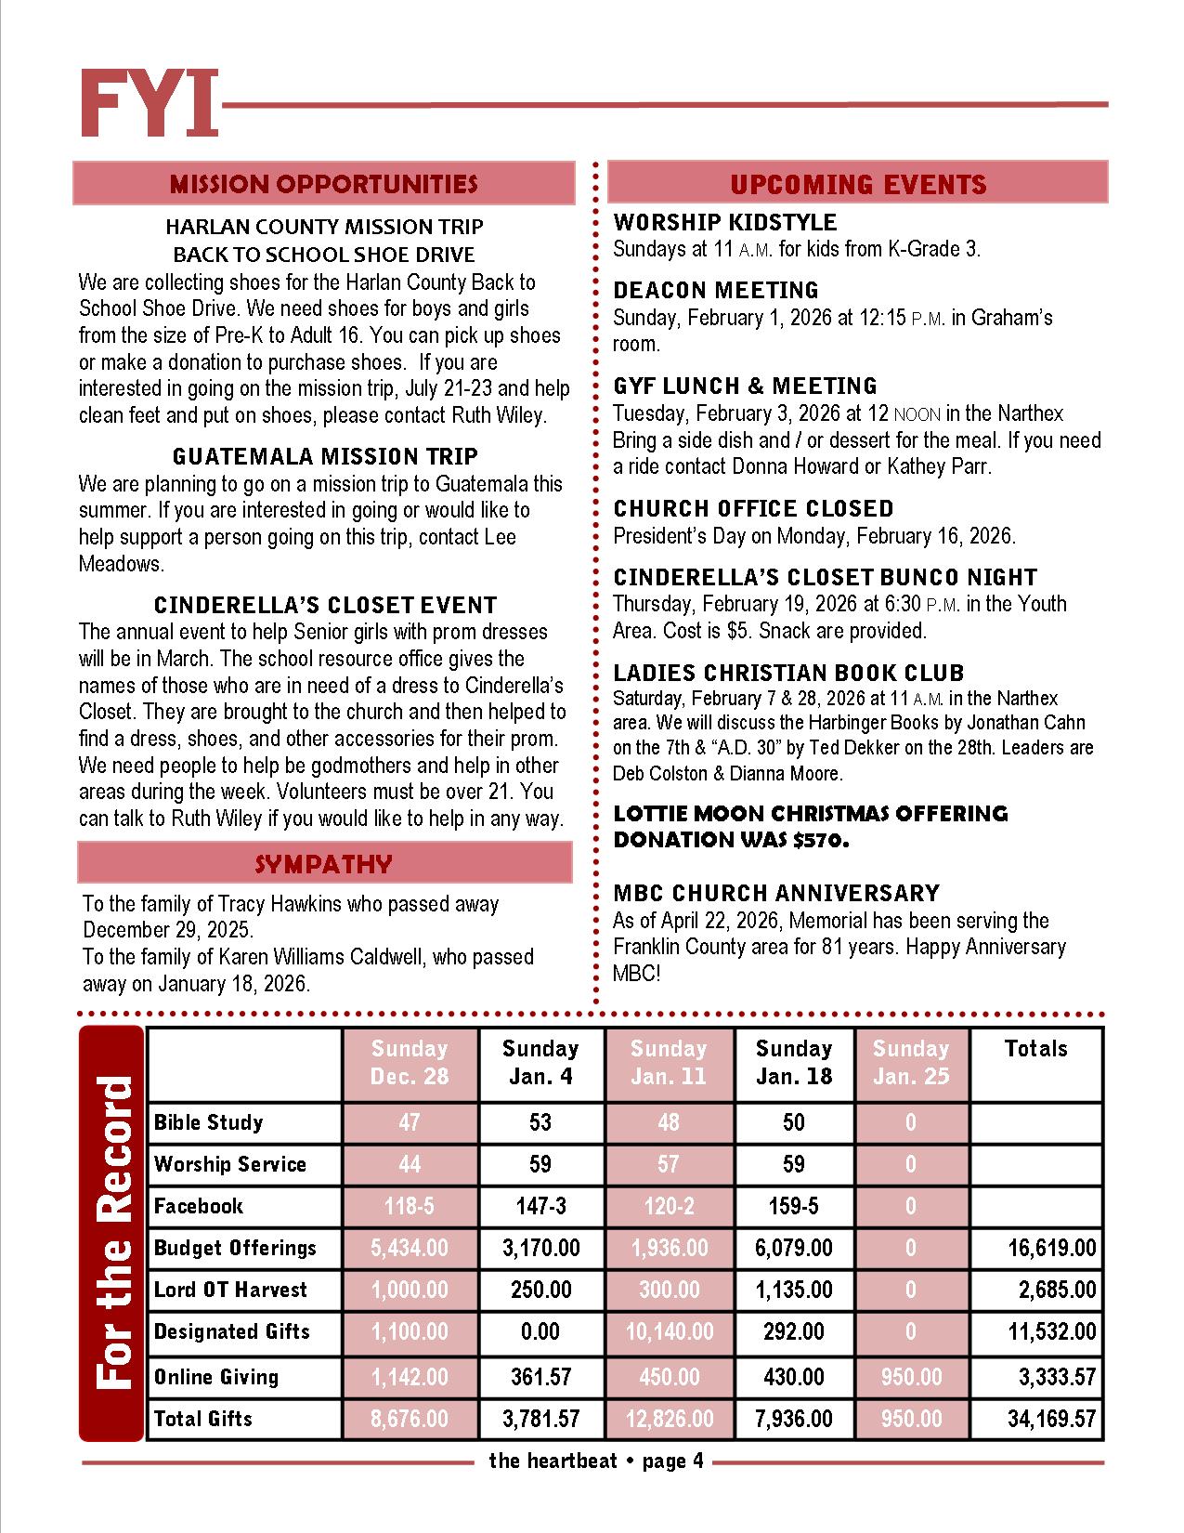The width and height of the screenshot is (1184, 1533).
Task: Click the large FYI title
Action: (149, 104)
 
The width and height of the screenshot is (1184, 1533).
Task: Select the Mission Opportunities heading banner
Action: (323, 183)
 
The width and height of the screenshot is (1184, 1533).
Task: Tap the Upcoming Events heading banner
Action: (857, 183)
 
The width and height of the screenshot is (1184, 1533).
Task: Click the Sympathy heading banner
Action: (323, 863)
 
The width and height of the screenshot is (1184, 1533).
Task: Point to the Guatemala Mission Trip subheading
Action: (325, 456)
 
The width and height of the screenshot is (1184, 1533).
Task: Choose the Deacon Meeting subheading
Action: (715, 290)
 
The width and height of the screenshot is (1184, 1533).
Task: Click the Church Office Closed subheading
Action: (753, 508)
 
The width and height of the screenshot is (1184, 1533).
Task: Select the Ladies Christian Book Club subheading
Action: (788, 672)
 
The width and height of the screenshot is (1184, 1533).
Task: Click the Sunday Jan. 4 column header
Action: (540, 1062)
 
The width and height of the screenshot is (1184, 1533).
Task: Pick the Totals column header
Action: (1035, 1049)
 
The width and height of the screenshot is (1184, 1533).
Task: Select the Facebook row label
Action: (198, 1206)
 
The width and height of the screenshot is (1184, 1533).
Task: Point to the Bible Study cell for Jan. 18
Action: (793, 1122)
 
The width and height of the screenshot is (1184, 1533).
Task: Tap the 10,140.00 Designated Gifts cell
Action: (669, 1331)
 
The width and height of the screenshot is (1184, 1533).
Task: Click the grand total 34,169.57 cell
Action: (1051, 1419)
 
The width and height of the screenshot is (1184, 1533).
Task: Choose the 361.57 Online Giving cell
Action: (540, 1377)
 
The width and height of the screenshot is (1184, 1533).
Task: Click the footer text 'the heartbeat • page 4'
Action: (595, 1461)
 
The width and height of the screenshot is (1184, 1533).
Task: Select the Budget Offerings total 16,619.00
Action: (1051, 1248)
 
